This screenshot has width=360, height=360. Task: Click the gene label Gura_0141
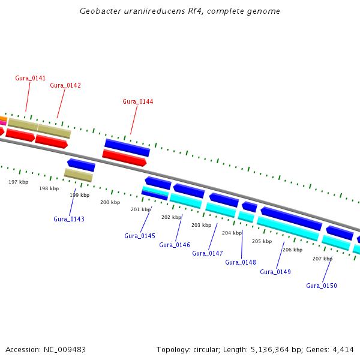[x=31, y=78]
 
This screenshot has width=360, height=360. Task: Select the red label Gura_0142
[x=65, y=85]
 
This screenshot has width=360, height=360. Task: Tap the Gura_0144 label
[x=138, y=101]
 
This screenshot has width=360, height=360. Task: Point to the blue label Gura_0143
[x=69, y=219]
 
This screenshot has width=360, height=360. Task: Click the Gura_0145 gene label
[x=140, y=236]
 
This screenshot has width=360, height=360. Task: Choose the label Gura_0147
[x=208, y=253]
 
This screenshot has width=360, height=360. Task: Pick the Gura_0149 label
[x=275, y=272]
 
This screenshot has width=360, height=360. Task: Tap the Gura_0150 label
[x=322, y=286]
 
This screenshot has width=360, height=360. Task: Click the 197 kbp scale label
[x=19, y=182]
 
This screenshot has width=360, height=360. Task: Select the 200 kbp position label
[x=110, y=203]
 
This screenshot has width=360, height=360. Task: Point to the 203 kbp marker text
[x=202, y=225]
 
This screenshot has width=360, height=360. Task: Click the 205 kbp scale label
[x=262, y=242]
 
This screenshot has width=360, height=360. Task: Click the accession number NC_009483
[x=65, y=350]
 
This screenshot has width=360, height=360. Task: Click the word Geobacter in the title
[x=100, y=11]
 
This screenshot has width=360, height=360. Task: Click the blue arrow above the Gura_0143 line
[x=81, y=165]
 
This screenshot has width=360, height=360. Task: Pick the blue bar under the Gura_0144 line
[x=127, y=148]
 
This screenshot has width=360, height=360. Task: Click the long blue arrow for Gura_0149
[x=292, y=218]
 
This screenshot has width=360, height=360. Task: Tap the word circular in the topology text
[x=206, y=350]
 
